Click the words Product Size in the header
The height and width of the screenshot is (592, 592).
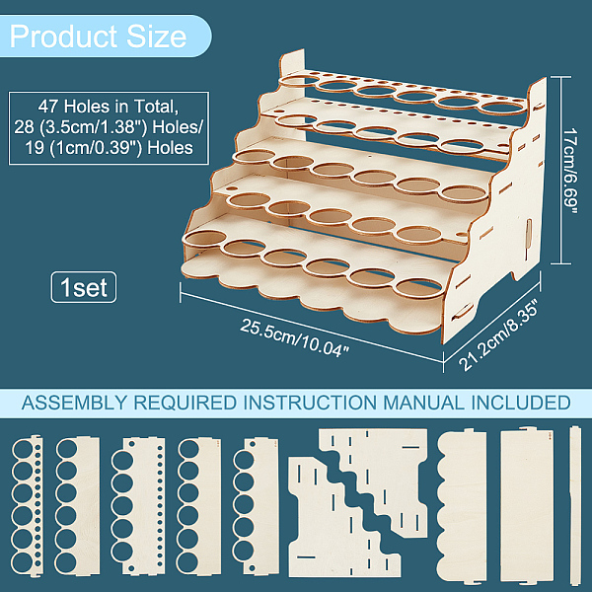click(x=98, y=37)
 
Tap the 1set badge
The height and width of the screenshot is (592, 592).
click(x=84, y=287)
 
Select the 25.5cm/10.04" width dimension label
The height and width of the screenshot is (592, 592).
click(x=293, y=337)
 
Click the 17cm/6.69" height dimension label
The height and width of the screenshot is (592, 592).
click(x=569, y=172)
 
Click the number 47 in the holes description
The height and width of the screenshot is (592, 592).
click(x=47, y=107)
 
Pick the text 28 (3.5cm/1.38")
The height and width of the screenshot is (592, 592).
click(x=81, y=127)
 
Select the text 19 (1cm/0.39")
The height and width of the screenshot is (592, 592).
click(x=84, y=148)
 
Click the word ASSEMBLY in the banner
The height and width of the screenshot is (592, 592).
click(x=74, y=403)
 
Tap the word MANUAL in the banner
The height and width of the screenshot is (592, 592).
click(x=424, y=403)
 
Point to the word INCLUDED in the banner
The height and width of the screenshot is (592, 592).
click(x=521, y=403)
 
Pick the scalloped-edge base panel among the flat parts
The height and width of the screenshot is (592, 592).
click(x=462, y=506)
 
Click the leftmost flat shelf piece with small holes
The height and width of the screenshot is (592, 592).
click(x=28, y=506)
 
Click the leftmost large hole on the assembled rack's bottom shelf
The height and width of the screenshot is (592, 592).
click(x=204, y=238)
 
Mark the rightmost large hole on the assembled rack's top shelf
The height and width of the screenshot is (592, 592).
click(x=502, y=108)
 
